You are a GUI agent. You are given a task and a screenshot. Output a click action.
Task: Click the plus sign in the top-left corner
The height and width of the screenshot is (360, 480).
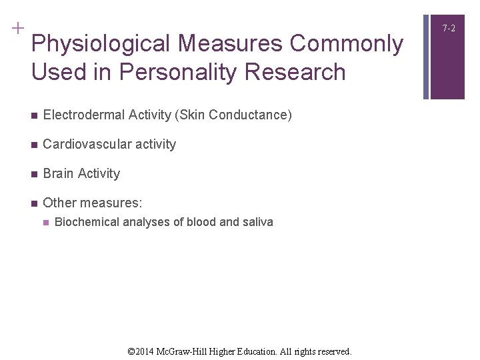[17, 28]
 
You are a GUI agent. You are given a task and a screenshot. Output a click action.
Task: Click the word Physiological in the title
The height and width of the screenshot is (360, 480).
[101, 44]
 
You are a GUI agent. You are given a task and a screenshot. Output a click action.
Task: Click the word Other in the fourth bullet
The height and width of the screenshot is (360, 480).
[59, 203]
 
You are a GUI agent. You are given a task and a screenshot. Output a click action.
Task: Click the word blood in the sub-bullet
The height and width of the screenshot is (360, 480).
[201, 222]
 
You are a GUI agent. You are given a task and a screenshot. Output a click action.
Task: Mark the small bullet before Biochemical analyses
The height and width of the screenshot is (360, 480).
[45, 223]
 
